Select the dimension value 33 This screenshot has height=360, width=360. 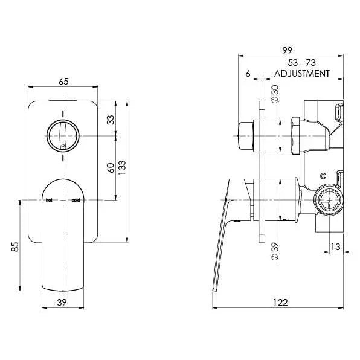click(x=111, y=120)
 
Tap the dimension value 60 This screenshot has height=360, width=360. click(x=111, y=168)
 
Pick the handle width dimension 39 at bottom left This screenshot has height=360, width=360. click(x=62, y=301)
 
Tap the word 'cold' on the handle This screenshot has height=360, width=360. click(x=76, y=200)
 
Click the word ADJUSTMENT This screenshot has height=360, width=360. click(x=302, y=74)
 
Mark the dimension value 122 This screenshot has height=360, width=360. click(x=280, y=301)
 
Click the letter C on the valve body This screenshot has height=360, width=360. click(x=324, y=176)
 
